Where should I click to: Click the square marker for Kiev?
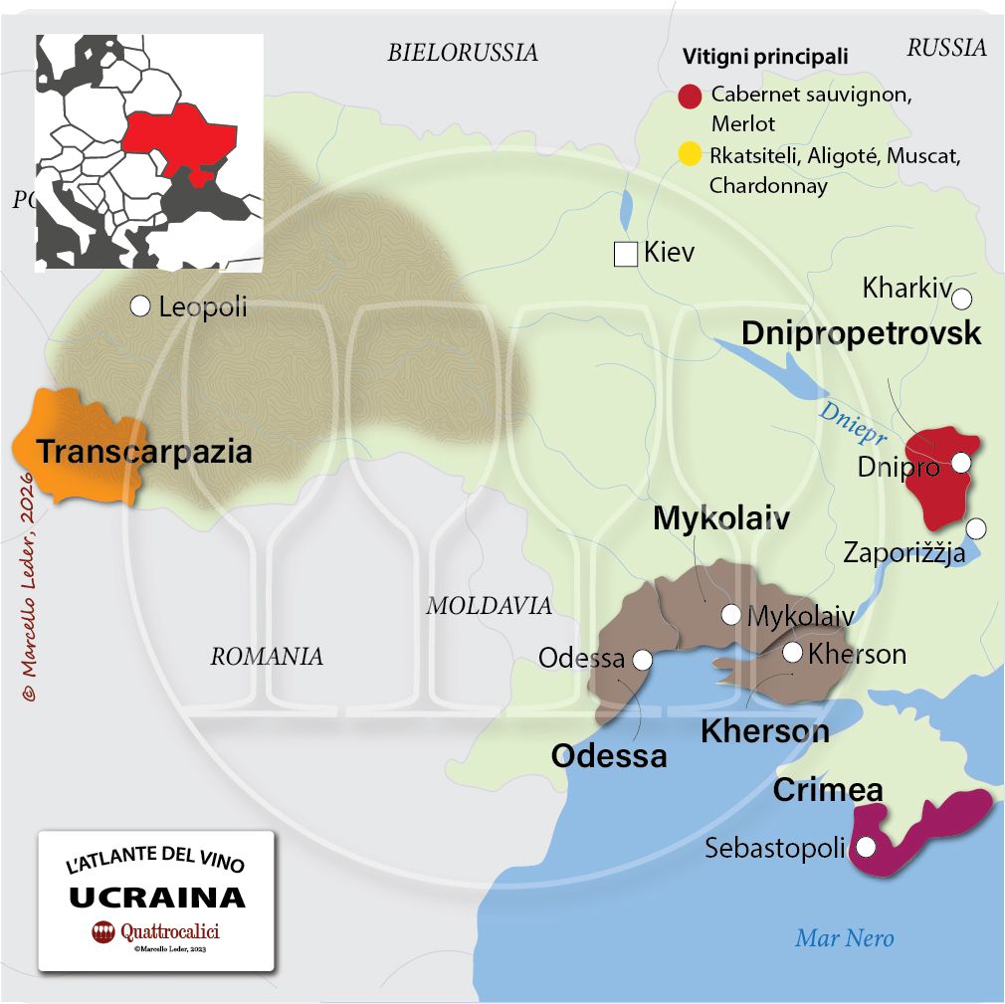[625, 254]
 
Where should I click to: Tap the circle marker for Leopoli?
[140, 305]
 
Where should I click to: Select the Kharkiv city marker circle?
[961, 298]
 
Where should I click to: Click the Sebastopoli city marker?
[866, 848]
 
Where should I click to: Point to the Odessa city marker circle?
[642, 659]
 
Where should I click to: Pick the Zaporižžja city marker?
[977, 527]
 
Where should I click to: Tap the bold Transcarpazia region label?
[144, 452]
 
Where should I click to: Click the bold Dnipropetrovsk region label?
[862, 332]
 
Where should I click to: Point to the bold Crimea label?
[828, 790]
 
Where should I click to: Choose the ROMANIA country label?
[267, 656]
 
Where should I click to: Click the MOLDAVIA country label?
[489, 605]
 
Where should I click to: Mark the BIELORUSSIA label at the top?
[462, 53]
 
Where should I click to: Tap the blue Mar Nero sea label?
[844, 937]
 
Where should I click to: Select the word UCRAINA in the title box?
[156, 897]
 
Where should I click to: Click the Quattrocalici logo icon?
[103, 932]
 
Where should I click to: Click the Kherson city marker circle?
[793, 652]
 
